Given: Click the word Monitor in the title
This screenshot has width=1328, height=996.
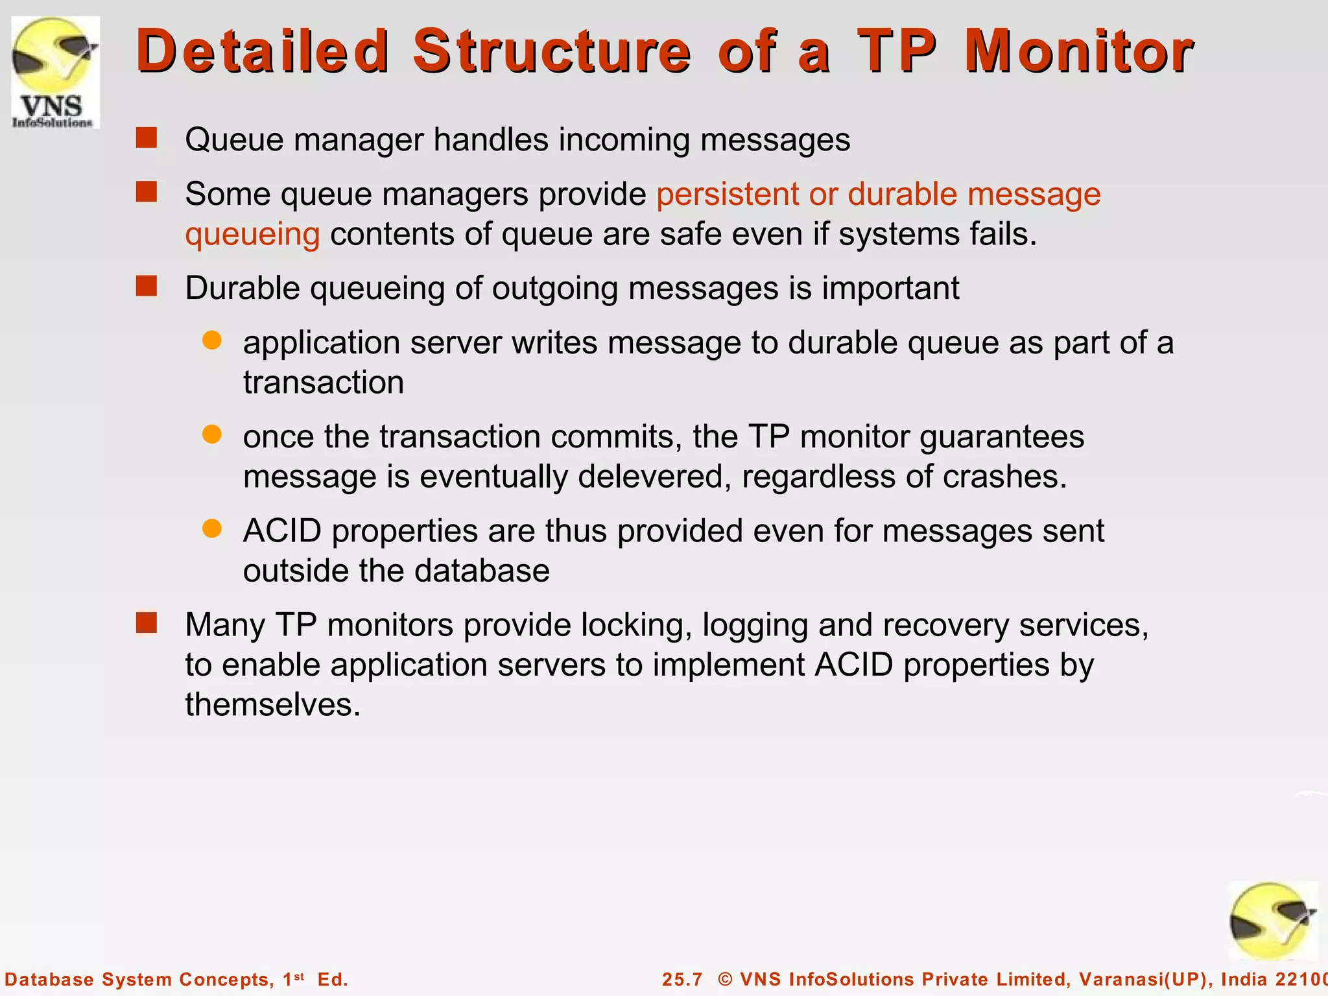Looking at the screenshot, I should pyautogui.click(x=1078, y=51).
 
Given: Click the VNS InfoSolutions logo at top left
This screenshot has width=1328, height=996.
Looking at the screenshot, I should pyautogui.click(x=55, y=72).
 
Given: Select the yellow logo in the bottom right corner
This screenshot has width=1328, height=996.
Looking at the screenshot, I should pyautogui.click(x=1272, y=921).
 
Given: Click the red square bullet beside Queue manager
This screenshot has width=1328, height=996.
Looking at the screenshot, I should pyautogui.click(x=147, y=138).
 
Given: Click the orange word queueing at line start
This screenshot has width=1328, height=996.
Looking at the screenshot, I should pyautogui.click(x=252, y=234).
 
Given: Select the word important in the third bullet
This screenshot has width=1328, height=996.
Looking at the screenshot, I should pyautogui.click(x=890, y=288).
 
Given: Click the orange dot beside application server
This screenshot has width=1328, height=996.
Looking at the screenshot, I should pyautogui.click(x=212, y=340).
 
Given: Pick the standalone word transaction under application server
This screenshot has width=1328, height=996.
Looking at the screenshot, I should pyautogui.click(x=324, y=382).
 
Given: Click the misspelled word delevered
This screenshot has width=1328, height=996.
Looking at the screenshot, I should pyautogui.click(x=650, y=477).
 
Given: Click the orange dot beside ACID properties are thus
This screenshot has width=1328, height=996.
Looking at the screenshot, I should pyautogui.click(x=212, y=528).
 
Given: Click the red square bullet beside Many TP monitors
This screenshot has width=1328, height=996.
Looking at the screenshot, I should pyautogui.click(x=147, y=623).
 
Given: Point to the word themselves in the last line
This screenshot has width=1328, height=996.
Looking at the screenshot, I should pyautogui.click(x=272, y=705).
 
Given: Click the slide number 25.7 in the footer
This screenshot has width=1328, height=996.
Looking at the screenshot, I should pyautogui.click(x=682, y=979).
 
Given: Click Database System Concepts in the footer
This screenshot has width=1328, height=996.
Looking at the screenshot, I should pyautogui.click(x=139, y=979).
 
